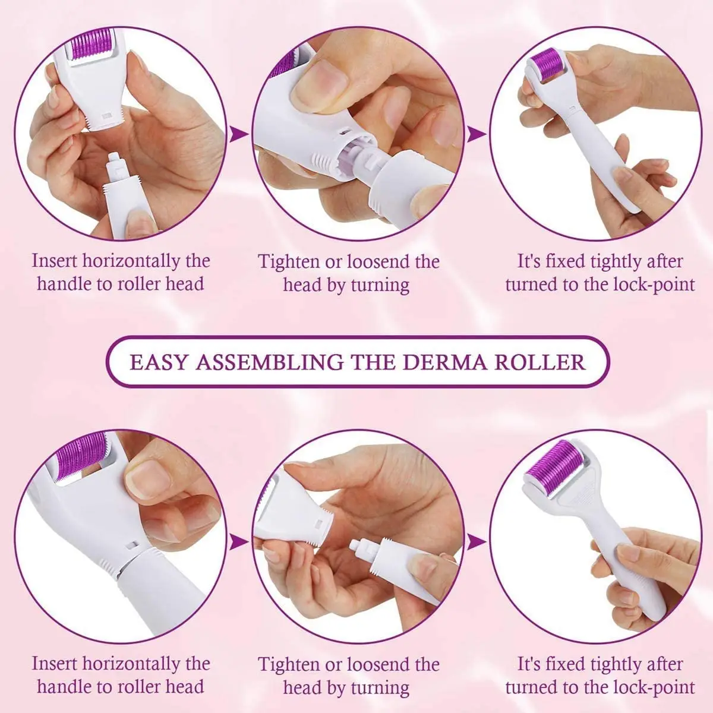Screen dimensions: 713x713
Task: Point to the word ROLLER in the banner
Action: pos(540,362)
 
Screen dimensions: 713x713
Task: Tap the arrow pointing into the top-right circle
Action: pos(475,134)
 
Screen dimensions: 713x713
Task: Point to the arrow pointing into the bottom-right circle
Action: pos(475,543)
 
